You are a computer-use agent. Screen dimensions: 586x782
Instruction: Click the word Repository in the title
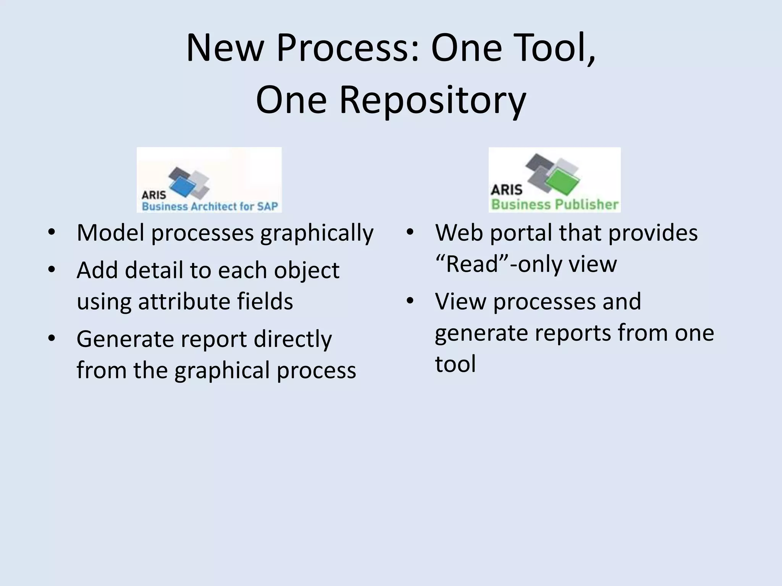[x=433, y=100]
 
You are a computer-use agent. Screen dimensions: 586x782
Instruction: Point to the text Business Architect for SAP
[x=210, y=206]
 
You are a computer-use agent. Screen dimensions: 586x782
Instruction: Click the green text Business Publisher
[x=554, y=204]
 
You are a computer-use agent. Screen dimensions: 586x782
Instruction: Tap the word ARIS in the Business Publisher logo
[x=506, y=190]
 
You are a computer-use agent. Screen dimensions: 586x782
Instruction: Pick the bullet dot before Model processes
[x=52, y=232]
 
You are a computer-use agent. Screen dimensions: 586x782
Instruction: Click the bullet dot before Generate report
[x=52, y=338]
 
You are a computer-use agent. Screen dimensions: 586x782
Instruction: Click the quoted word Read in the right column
[x=472, y=264]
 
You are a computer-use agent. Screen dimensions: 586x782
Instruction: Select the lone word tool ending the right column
[x=455, y=364]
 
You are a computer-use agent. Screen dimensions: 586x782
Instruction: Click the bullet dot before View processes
[x=410, y=301]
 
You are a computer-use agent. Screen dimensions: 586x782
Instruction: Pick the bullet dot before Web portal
[x=410, y=232]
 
